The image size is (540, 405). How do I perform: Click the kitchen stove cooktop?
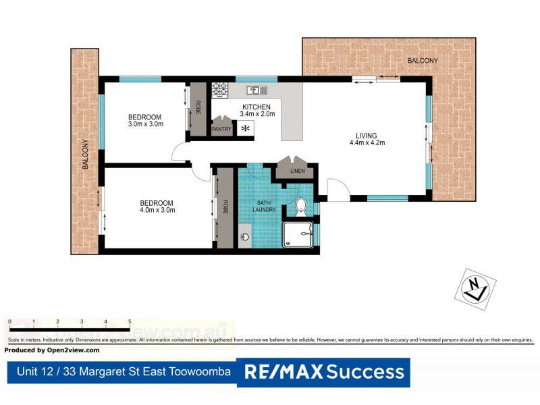(x=221, y=89)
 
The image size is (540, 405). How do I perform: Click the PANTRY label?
(x=222, y=129)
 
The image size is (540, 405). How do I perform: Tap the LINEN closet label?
(x=298, y=171)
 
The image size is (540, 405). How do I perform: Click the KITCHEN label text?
(x=256, y=107)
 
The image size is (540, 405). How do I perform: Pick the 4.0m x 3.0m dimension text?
(x=157, y=211)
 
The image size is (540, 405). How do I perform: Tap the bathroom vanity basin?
(x=245, y=237)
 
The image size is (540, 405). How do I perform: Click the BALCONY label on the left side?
(x=86, y=154)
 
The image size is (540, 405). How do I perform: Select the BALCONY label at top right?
(x=423, y=61)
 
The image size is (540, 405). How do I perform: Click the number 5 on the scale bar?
(x=129, y=321)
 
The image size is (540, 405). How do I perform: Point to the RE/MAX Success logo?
(x=323, y=371)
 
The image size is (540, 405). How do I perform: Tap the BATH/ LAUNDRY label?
(x=263, y=206)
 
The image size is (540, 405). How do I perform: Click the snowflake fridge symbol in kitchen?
(x=245, y=128)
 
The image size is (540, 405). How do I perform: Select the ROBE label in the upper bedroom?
(x=198, y=107)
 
